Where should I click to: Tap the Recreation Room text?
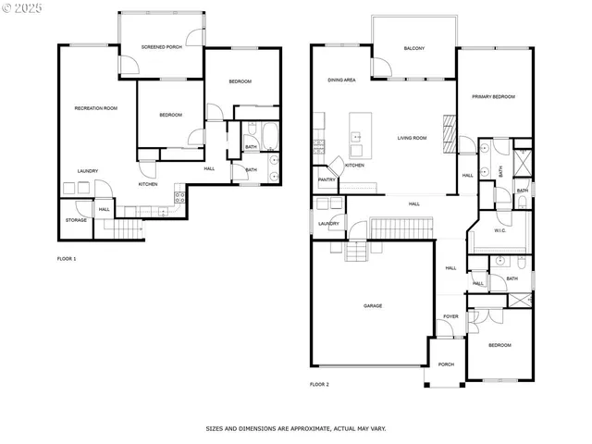(x=96, y=108)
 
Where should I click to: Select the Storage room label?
(x=76, y=220)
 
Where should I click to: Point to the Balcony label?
(x=413, y=49)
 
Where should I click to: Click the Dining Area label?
(x=341, y=80)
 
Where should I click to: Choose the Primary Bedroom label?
(x=493, y=97)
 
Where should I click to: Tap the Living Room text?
(x=412, y=139)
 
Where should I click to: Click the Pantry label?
(x=327, y=179)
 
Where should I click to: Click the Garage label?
(x=373, y=306)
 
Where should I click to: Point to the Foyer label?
(x=450, y=316)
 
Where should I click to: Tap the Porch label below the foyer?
(x=446, y=364)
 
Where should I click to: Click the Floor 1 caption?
(x=67, y=259)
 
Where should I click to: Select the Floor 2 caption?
(x=319, y=384)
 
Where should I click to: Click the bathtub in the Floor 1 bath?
(x=270, y=137)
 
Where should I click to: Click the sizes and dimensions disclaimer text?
(x=295, y=428)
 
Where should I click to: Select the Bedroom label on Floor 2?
(x=499, y=345)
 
